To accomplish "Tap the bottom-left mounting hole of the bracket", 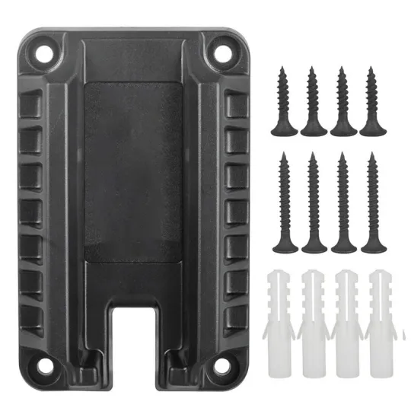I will pyautogui.click(x=46, y=365).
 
